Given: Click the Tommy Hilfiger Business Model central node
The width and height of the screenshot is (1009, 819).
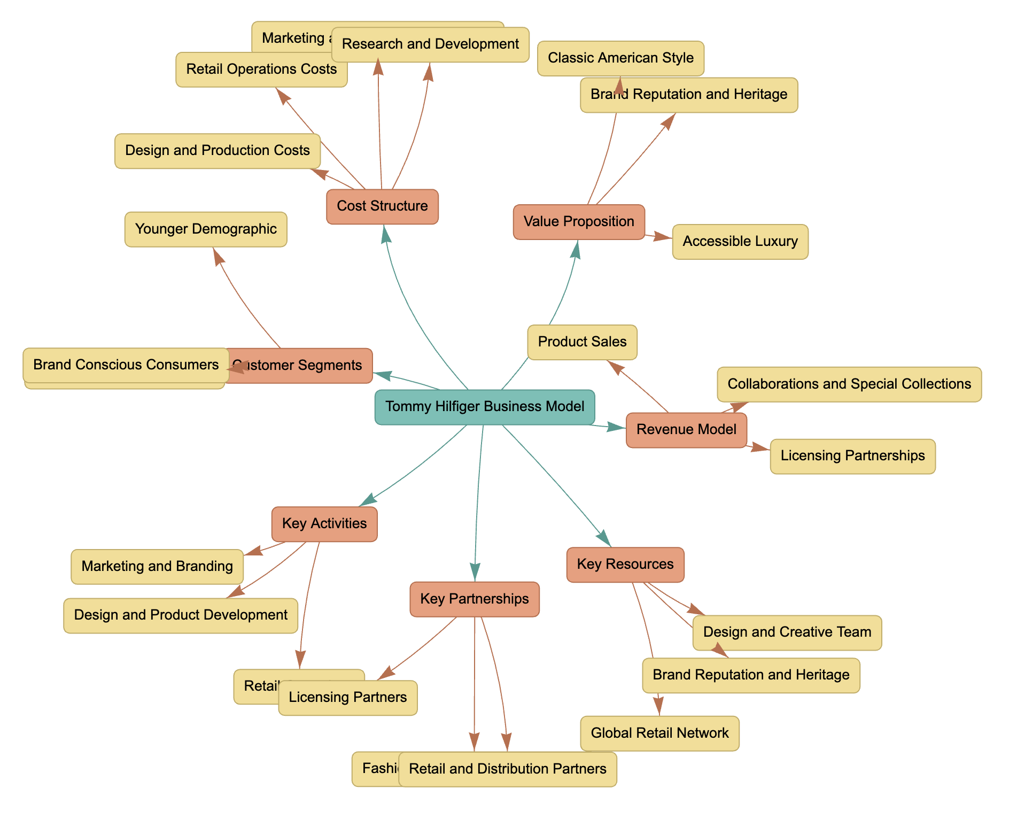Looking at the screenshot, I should [485, 407].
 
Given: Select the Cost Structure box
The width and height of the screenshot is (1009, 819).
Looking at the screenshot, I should [382, 206].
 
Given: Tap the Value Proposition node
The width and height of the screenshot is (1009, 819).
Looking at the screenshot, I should [579, 222].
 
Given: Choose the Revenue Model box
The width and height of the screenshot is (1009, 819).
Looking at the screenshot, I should [686, 430].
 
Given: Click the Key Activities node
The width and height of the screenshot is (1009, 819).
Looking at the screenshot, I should [324, 524].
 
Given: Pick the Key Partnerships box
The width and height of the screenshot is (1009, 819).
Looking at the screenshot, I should [475, 599].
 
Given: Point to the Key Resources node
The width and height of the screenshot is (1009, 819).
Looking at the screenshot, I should [625, 565].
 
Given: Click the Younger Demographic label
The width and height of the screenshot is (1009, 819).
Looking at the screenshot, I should [206, 229].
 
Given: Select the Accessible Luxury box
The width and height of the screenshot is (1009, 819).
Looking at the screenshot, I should [740, 242].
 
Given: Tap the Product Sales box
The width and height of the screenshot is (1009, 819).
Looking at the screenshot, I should [582, 342].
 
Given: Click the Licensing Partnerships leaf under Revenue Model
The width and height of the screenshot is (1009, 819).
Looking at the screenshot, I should [852, 456].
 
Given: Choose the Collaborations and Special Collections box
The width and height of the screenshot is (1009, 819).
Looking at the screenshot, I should [849, 384].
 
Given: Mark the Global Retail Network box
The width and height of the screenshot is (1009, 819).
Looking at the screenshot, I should [659, 733].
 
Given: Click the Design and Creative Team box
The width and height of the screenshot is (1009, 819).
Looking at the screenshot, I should [787, 632].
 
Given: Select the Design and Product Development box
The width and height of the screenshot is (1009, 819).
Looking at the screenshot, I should [181, 615].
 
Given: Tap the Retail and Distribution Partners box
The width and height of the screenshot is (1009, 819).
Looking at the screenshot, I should [508, 769].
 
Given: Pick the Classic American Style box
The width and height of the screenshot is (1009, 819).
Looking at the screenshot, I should [620, 58].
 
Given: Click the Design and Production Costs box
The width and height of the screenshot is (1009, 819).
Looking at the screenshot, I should [218, 151].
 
